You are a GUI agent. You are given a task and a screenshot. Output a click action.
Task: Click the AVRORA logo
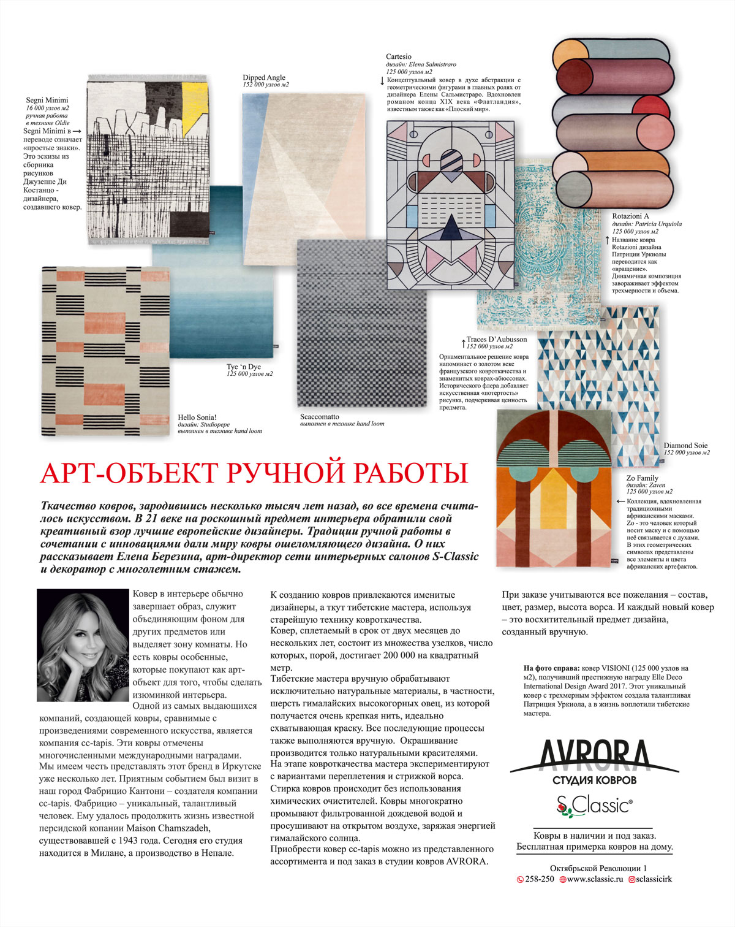click(x=594, y=757)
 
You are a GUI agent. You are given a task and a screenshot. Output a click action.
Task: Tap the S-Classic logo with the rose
click(x=594, y=805)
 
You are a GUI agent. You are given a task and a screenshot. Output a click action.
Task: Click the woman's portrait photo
click(x=84, y=645)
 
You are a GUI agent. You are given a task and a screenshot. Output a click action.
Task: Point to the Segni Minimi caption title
click(x=47, y=101)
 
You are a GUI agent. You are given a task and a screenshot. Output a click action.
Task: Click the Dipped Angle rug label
click(x=264, y=78)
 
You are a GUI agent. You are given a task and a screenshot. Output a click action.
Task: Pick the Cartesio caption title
click(x=399, y=57)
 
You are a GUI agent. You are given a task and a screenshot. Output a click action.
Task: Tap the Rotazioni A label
click(x=630, y=216)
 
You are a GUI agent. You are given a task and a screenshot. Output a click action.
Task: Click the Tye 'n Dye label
click(x=244, y=367)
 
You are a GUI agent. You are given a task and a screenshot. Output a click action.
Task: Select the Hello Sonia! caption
click(x=197, y=418)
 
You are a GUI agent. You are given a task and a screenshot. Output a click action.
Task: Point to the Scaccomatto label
click(x=319, y=417)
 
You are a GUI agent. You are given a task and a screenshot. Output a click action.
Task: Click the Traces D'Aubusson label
click(x=497, y=339)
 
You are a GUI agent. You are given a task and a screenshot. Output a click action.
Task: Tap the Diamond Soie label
click(x=685, y=446)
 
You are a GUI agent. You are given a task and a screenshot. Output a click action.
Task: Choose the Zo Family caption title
click(x=642, y=478)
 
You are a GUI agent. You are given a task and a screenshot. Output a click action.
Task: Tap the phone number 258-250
click(x=540, y=879)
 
